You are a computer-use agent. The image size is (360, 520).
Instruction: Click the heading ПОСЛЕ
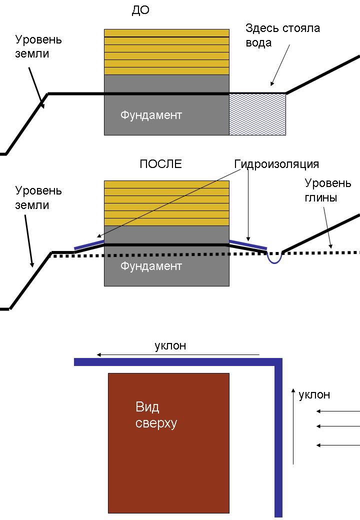pos(160,164)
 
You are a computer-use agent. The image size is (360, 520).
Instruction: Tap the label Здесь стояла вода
pos(282,35)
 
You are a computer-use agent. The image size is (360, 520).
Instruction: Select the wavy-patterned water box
pos(257,114)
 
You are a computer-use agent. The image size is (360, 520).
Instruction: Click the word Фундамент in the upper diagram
pos(151,115)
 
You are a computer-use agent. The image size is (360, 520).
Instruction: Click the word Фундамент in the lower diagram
pos(151,266)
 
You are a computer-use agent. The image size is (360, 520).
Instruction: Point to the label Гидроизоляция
pos(276,164)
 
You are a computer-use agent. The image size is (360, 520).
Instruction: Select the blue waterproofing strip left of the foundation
pos(89,244)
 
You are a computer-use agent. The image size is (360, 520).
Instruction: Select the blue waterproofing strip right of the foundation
pos(248,244)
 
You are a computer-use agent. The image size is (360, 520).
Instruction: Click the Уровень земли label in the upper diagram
pos(38,46)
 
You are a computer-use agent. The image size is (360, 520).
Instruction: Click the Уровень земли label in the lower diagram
pos(38,198)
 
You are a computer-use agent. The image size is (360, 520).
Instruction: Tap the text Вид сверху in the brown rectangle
pos(156,415)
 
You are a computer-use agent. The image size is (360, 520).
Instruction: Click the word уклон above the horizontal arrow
pos(170,345)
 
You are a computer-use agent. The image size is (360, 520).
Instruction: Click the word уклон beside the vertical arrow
pos(314,395)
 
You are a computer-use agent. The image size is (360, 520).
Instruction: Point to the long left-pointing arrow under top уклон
pos(178,355)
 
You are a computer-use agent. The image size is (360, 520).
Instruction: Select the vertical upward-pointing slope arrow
pos(293,425)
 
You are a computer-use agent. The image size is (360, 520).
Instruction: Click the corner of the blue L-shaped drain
pos(278,362)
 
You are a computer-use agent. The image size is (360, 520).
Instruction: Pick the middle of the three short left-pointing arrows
pos(338,426)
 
